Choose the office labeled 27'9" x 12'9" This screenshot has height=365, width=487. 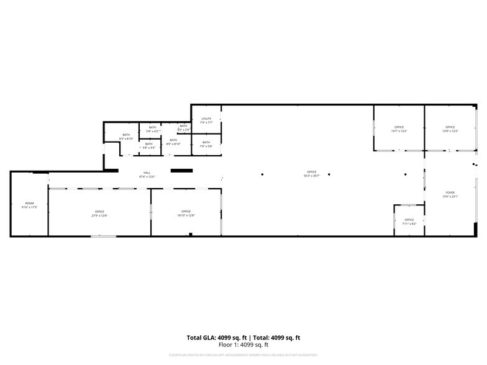pyautogui.click(x=99, y=213)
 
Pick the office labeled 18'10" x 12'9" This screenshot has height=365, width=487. pyautogui.click(x=186, y=213)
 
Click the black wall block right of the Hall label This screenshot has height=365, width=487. pyautogui.click(x=181, y=170)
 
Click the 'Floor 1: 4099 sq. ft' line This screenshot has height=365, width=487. pyautogui.click(x=243, y=345)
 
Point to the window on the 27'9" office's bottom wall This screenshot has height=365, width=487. pyautogui.click(x=103, y=236)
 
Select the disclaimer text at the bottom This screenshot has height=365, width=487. pyautogui.click(x=243, y=355)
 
